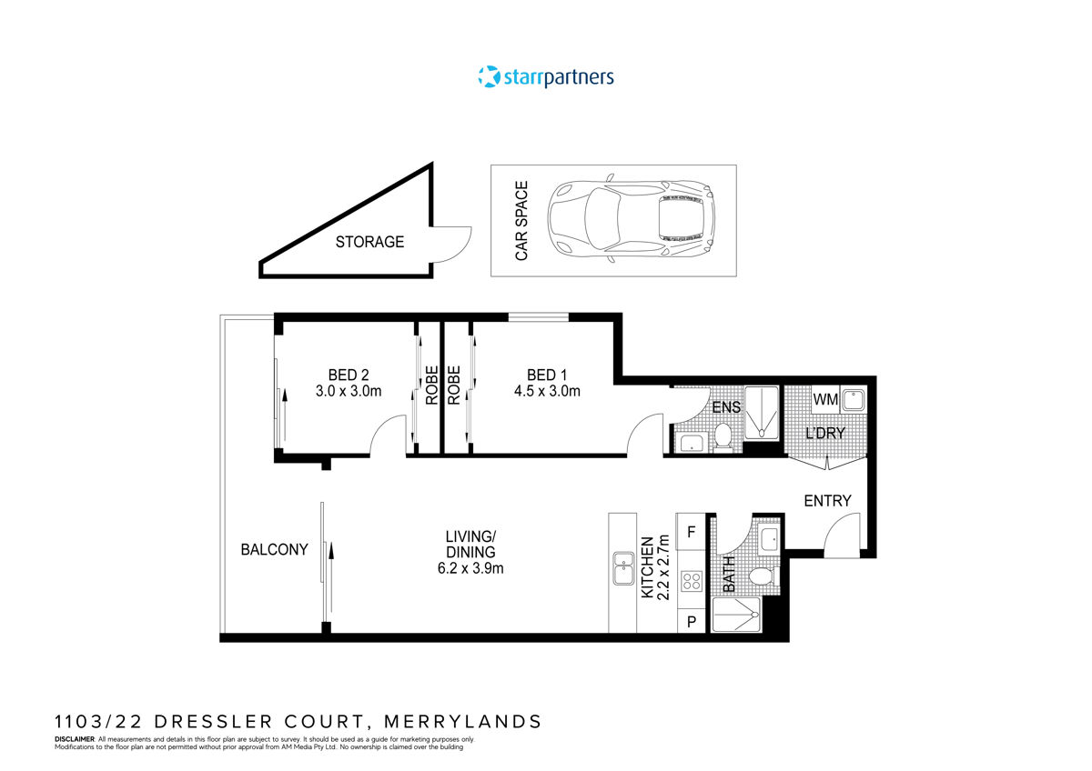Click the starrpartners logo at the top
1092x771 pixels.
click(546, 77)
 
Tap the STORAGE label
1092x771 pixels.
click(369, 242)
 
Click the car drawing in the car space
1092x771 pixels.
click(632, 221)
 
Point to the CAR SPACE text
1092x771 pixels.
click(521, 221)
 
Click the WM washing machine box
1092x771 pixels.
click(824, 399)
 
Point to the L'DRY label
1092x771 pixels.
click(825, 433)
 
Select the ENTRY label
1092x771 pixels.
click(827, 501)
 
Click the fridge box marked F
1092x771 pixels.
click(691, 532)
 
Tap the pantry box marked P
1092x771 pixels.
click(691, 622)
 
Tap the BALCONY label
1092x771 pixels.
click(274, 550)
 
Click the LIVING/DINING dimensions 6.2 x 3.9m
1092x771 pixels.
click(470, 569)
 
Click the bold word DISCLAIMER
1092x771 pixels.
click(75, 740)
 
